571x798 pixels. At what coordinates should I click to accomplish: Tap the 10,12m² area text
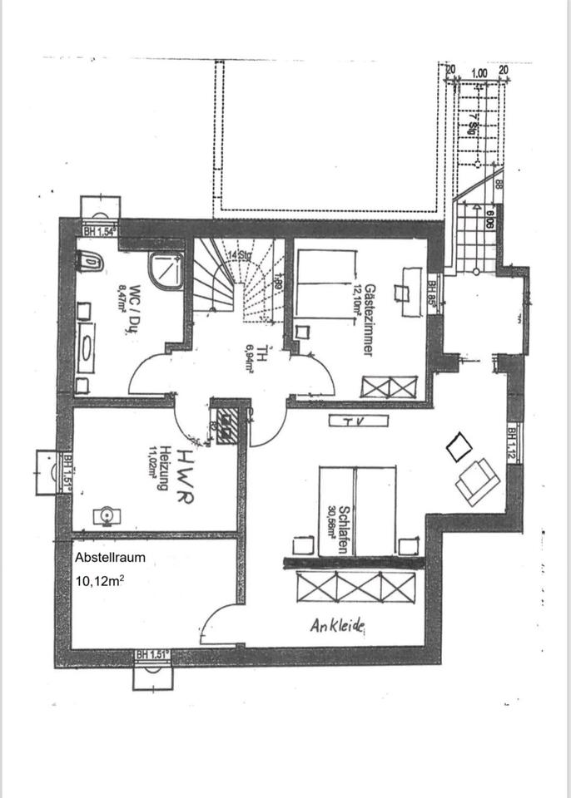click(x=101, y=581)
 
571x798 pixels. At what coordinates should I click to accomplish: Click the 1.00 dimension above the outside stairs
click(x=479, y=73)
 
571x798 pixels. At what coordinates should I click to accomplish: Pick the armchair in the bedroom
click(x=477, y=480)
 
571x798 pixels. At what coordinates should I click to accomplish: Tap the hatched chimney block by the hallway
click(x=226, y=425)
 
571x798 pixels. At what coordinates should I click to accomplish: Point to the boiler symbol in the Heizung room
click(x=107, y=516)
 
